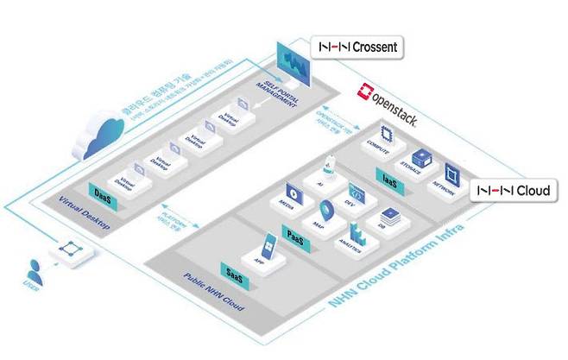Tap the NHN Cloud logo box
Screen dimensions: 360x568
(x=516, y=189)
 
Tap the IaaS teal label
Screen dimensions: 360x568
(x=389, y=179)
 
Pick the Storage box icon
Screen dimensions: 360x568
(x=420, y=158)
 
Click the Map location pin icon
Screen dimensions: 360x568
(x=327, y=209)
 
